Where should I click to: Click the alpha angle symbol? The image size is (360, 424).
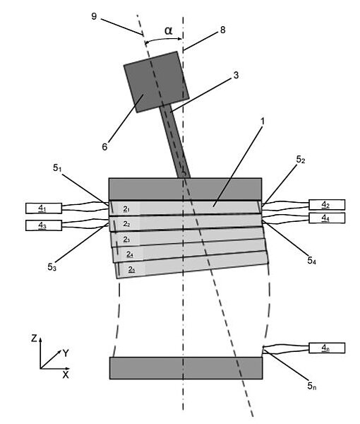(168, 30)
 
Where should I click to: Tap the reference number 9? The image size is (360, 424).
(94, 16)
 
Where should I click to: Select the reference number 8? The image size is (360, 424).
(222, 30)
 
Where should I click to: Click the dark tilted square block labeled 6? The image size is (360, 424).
(157, 82)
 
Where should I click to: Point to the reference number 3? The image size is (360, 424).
(236, 75)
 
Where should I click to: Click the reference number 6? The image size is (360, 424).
(104, 146)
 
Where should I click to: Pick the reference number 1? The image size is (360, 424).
(262, 122)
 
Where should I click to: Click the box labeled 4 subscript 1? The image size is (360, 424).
(44, 208)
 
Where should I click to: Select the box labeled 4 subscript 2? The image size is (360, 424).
(327, 205)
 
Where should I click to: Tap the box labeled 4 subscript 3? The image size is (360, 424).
(44, 225)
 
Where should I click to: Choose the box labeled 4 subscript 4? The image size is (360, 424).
(327, 218)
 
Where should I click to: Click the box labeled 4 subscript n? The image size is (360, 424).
(327, 348)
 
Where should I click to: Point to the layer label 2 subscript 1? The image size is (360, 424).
(126, 209)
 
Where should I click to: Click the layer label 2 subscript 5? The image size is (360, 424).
(131, 269)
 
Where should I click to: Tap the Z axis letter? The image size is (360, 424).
(34, 338)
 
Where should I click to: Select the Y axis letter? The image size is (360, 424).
(66, 353)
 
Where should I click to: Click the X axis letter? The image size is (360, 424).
(66, 375)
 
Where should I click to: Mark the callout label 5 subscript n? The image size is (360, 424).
(312, 386)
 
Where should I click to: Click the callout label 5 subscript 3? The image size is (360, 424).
(52, 267)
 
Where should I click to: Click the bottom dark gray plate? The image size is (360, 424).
(186, 368)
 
